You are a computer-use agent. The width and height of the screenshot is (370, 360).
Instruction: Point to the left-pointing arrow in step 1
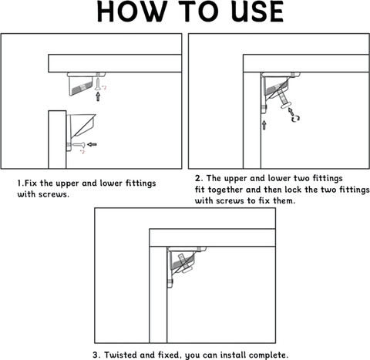93,144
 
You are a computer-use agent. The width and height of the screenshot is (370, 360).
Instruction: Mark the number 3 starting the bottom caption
96,355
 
